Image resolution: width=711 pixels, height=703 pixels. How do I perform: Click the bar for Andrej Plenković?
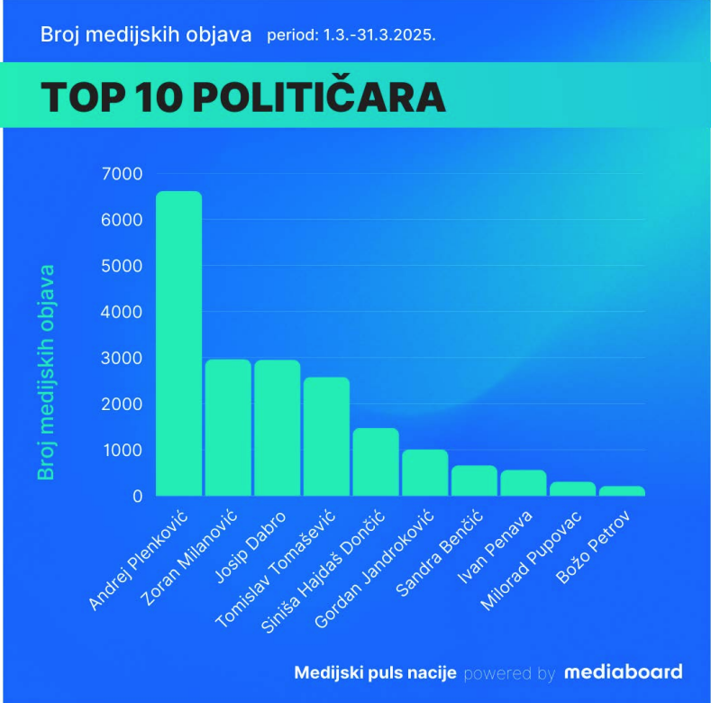[178, 343]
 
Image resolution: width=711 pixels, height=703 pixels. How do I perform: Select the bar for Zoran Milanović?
[228, 427]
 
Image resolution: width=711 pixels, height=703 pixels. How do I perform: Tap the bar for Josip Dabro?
[277, 427]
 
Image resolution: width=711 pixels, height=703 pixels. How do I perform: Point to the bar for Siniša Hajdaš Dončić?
[375, 461]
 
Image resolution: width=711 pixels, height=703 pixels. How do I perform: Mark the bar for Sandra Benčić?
[474, 480]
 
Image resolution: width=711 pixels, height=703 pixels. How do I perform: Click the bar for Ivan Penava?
[523, 483]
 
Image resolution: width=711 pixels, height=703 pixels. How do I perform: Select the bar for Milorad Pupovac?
[572, 488]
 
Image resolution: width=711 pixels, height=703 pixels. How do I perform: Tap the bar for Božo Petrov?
[622, 491]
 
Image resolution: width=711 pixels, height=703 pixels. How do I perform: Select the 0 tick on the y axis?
[137, 496]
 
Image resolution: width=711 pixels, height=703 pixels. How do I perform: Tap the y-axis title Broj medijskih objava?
[46, 371]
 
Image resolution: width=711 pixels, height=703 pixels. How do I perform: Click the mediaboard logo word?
[623, 672]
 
